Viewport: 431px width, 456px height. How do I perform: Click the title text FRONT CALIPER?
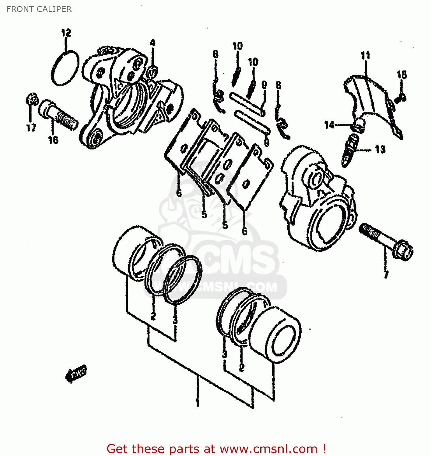coord(39,9)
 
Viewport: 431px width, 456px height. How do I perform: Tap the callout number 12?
coord(66,33)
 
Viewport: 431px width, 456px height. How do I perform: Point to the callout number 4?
coord(152,43)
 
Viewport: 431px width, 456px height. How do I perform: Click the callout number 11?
coord(365,56)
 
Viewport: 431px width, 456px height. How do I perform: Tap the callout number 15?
coord(402,74)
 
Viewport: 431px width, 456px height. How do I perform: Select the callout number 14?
coord(329,125)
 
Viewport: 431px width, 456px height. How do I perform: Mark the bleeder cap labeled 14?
coord(359,125)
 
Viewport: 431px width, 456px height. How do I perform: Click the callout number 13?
coord(380,150)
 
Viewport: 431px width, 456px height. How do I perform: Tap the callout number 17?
coord(31,128)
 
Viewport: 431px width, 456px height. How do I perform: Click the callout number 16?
coord(53,140)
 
